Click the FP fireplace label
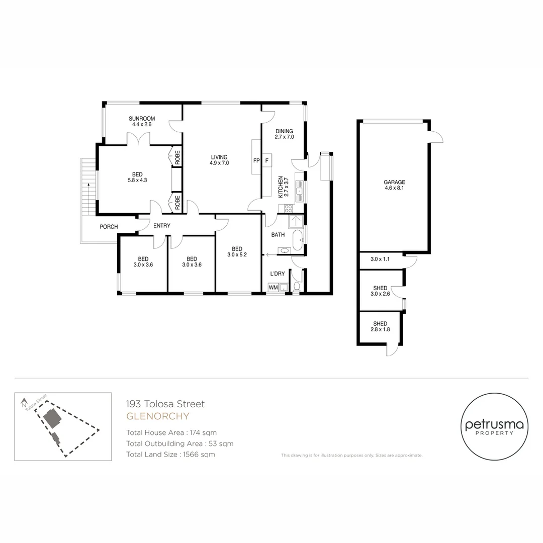point(256,161)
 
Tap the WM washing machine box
point(274,287)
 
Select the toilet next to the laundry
point(297,287)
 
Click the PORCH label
point(109,227)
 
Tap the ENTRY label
point(161,226)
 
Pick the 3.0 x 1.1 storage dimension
point(380,259)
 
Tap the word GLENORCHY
point(157,416)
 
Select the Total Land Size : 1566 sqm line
point(170,455)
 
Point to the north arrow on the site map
point(24,402)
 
